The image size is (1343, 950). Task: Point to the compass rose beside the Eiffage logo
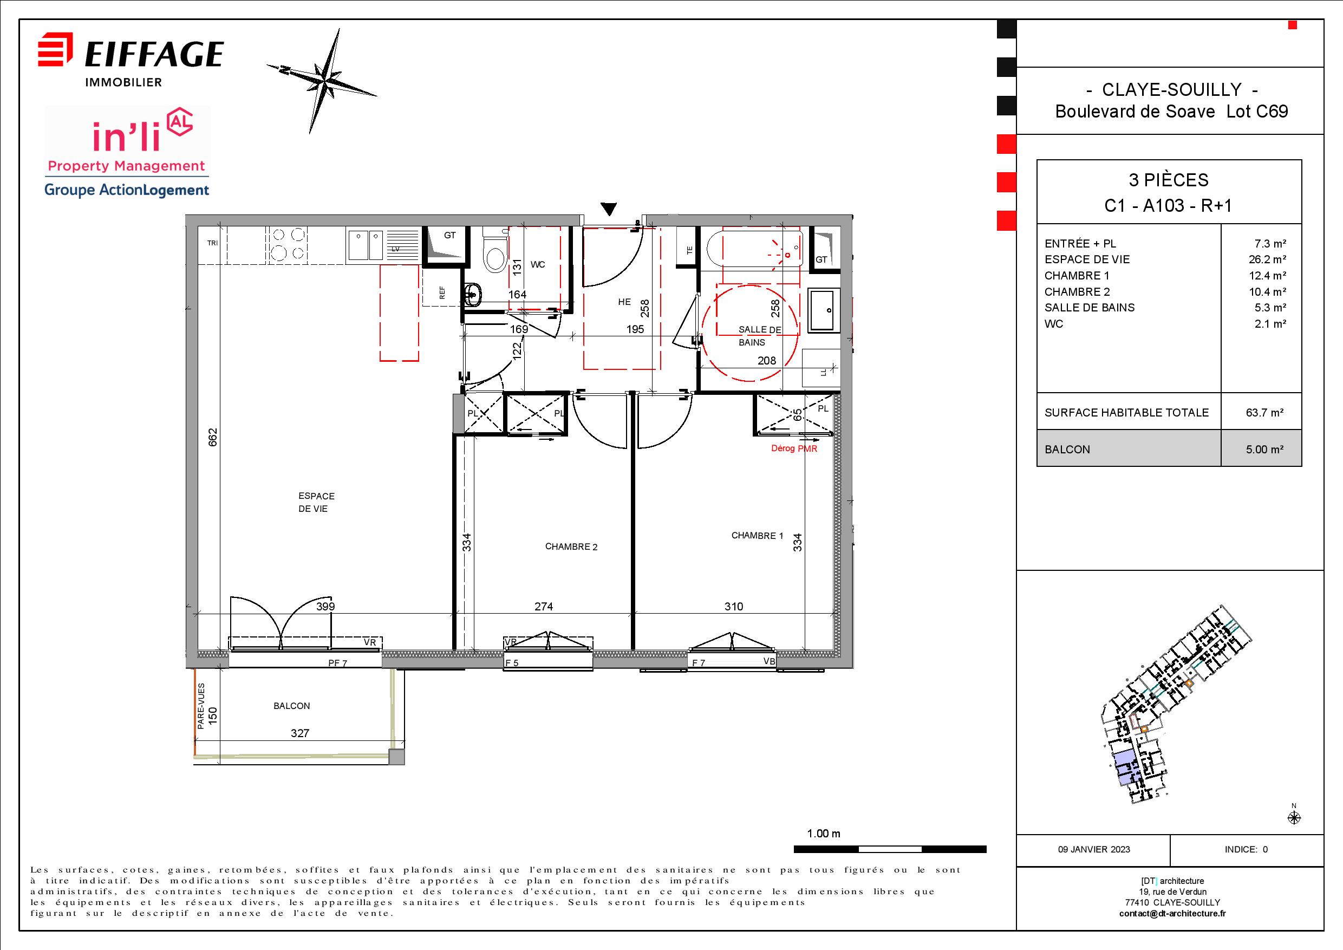coord(322,80)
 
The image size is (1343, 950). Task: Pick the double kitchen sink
coord(366,244)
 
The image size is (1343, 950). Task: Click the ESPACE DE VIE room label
coord(316,503)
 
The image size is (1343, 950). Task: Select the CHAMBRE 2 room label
coord(571,547)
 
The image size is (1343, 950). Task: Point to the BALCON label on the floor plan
coord(292,706)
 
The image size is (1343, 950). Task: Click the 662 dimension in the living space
coord(213,437)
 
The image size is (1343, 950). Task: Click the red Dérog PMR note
coord(794,448)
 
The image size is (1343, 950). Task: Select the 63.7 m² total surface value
coord(1264,412)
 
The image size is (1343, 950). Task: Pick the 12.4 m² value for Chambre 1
coord(1268,276)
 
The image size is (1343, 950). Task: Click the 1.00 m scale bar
coord(890,849)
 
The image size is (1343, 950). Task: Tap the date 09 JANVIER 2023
coord(1094,849)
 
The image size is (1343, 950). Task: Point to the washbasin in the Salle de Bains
coord(824,310)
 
